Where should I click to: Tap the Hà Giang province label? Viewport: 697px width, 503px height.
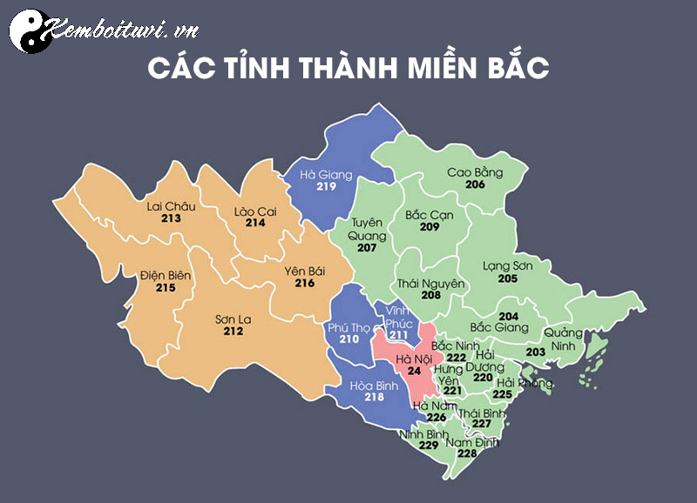coord(326,175)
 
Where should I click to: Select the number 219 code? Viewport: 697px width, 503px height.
coord(326,187)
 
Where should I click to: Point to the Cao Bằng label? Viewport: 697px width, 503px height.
coord(475,172)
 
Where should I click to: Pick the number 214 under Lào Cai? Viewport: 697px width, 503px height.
coord(255,223)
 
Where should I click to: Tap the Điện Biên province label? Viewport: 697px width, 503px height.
coord(166,275)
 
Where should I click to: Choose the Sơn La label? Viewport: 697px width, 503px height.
coord(233,319)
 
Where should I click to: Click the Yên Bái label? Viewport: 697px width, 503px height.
coord(304,271)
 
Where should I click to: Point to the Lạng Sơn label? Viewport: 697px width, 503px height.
coord(507,265)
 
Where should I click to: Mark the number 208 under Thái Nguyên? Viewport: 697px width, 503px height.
coord(430,296)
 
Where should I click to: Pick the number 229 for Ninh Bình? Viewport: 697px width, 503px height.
coord(428,446)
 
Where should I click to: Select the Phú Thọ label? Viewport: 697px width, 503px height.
coord(348,326)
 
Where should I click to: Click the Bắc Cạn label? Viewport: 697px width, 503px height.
coord(429,214)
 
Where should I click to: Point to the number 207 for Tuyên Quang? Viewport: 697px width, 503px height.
coord(367,248)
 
